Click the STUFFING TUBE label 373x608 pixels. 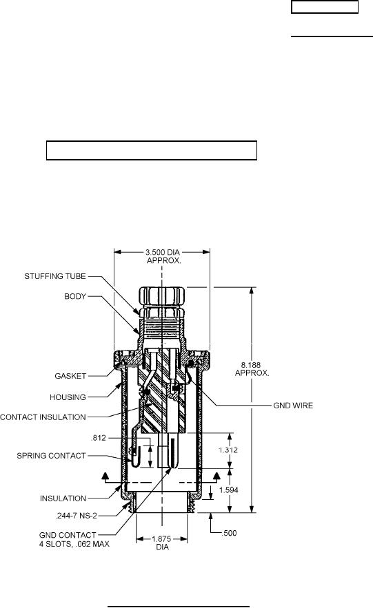coord(55,277)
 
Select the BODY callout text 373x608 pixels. coord(75,297)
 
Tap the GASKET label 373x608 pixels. coord(70,376)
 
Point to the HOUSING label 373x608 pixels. coord(68,397)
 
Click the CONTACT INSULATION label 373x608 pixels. coord(43,417)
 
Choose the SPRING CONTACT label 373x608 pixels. coord(51,456)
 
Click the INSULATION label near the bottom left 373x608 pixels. coord(63,499)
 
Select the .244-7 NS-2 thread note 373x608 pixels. coord(76,516)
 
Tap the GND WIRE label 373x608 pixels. coord(293,406)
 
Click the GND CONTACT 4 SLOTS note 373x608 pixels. coord(74,540)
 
